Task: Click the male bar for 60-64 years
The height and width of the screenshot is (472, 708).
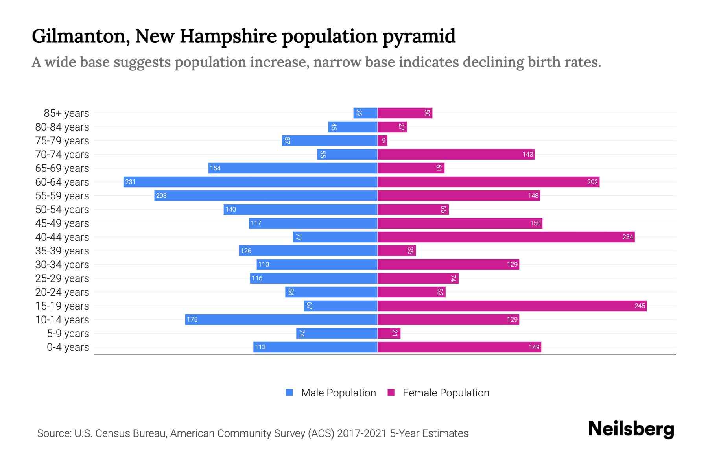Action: tap(250, 182)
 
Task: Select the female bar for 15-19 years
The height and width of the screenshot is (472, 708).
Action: tap(512, 306)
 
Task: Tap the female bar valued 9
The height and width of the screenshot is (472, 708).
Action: tap(382, 140)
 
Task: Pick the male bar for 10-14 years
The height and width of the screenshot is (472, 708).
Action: tap(281, 319)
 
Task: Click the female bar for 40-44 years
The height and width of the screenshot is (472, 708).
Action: tap(506, 237)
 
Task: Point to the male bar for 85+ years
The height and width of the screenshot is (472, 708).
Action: tap(365, 113)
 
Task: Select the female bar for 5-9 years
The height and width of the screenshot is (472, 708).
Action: tap(389, 333)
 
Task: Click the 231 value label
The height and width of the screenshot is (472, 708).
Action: tap(130, 182)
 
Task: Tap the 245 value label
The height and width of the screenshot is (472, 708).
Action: tap(640, 306)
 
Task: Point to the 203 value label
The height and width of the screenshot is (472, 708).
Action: tap(161, 195)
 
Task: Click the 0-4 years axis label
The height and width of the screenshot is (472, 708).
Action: tap(68, 347)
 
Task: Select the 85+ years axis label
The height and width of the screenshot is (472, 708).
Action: tap(66, 113)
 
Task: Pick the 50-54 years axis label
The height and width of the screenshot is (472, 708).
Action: tap(62, 209)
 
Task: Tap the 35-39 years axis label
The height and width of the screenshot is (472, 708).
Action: tap(62, 251)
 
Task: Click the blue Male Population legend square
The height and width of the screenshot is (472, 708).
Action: tap(289, 393)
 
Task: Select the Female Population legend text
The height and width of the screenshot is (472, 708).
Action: tap(446, 393)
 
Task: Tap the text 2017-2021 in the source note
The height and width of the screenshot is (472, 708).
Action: tap(362, 433)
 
